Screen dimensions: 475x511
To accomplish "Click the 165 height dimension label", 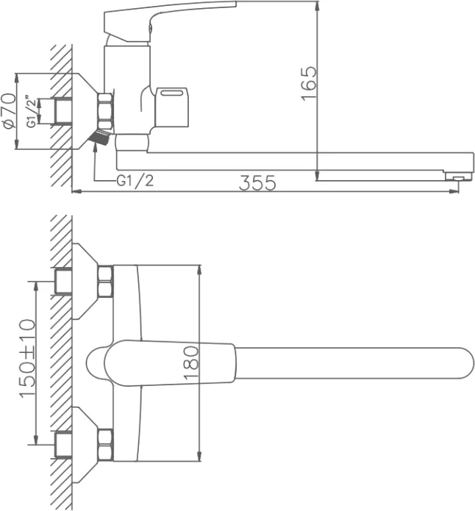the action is click(308, 83).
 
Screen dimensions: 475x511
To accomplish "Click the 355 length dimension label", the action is click(257, 183).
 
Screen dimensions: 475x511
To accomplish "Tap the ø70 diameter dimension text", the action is click(9, 111).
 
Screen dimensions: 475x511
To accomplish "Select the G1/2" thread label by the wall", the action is click(31, 112).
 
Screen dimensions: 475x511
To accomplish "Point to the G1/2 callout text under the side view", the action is click(135, 181).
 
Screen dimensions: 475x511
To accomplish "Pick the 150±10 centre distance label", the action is click(27, 359).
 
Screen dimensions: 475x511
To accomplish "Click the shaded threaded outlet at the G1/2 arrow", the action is click(100, 137).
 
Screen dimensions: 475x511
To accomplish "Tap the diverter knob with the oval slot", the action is click(172, 107).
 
